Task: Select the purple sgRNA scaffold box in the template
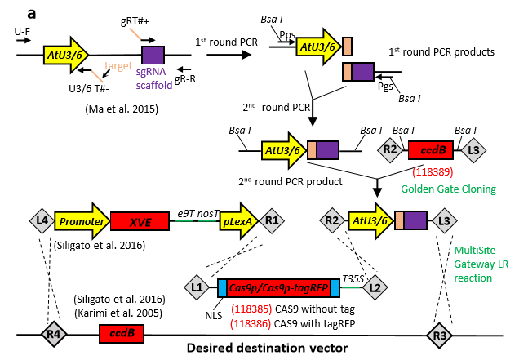[153, 56]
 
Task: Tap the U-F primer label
[22, 30]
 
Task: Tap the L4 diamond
[41, 220]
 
